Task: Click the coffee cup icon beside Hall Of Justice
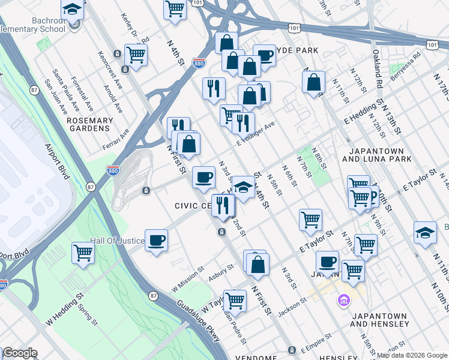(x=156, y=240)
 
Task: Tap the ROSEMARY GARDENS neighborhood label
(x=89, y=124)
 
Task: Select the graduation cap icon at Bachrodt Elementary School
(x=72, y=10)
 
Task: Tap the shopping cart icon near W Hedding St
(x=83, y=252)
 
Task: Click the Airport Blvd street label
(x=58, y=163)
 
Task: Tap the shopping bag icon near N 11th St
(x=314, y=82)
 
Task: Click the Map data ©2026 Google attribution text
(x=412, y=355)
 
